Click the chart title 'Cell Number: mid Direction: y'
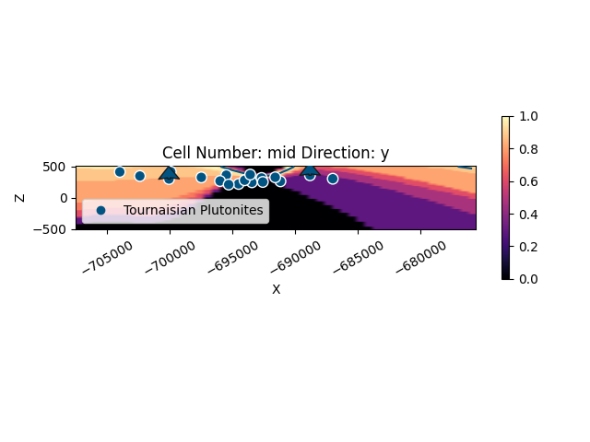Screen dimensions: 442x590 [276, 153]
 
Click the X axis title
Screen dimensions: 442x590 [276, 289]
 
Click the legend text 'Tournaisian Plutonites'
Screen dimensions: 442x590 [194, 211]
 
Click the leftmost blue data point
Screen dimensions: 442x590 [120, 172]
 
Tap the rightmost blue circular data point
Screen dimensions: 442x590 [333, 179]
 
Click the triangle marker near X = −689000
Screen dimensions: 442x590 [310, 169]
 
